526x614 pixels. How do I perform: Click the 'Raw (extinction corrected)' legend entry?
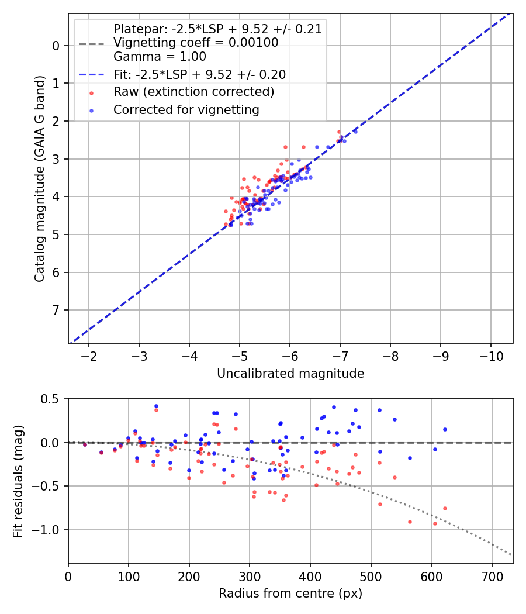193,92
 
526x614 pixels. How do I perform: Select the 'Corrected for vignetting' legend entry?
186,109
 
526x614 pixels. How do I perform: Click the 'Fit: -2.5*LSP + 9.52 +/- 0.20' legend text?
199,75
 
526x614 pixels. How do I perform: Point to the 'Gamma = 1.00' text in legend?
160,57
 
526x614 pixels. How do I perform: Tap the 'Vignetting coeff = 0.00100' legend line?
196,43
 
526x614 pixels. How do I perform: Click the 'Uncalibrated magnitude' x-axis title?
290,374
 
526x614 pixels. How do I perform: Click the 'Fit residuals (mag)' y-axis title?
18,481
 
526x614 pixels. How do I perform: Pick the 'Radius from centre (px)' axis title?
290,594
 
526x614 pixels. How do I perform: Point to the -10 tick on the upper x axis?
490,356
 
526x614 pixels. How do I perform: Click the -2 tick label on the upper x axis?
89,356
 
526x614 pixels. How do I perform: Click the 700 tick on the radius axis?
492,576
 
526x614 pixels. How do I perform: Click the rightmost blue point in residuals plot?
445,429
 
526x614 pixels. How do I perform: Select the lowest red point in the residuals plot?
435,523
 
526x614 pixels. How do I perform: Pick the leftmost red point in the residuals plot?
85,444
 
